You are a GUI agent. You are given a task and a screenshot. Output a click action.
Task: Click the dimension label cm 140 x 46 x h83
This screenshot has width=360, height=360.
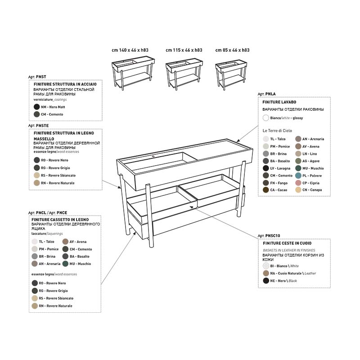(x=130, y=50)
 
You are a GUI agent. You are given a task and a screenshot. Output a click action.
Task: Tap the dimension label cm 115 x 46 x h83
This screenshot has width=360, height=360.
(x=184, y=50)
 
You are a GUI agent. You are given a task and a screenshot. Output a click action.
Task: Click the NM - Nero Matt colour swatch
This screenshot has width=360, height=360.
(x=37, y=107)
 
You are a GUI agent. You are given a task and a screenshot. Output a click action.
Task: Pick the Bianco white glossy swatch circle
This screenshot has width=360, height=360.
(x=265, y=118)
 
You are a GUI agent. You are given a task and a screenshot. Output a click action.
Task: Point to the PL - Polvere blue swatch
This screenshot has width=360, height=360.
(x=298, y=175)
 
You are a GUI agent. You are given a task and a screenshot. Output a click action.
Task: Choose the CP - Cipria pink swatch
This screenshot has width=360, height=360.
(x=298, y=183)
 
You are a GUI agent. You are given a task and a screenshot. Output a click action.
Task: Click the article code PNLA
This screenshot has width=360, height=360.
(x=270, y=94)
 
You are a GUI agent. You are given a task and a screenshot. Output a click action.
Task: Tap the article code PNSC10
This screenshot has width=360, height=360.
(x=273, y=236)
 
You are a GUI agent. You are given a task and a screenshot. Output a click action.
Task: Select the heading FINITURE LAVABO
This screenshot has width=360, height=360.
(x=279, y=102)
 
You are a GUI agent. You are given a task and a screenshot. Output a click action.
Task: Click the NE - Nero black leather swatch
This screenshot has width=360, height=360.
(x=266, y=280)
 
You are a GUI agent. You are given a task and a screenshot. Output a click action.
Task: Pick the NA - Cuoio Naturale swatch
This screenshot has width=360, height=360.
(x=266, y=273)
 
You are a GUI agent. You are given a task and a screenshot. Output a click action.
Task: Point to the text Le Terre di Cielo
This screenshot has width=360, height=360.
(x=277, y=130)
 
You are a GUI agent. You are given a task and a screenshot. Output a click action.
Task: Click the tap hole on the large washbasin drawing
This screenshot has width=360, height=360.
(x=153, y=157)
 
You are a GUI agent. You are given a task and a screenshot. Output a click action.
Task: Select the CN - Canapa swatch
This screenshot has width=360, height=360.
(x=298, y=190)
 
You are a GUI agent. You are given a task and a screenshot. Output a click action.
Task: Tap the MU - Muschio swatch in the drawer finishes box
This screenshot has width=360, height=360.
(x=65, y=264)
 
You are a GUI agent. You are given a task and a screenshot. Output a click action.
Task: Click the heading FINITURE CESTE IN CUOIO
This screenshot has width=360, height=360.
(x=287, y=243)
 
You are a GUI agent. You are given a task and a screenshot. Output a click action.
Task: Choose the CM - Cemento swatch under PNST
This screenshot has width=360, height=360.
(x=37, y=114)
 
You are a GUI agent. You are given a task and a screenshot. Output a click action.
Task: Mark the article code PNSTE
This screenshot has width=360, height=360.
(x=42, y=126)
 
